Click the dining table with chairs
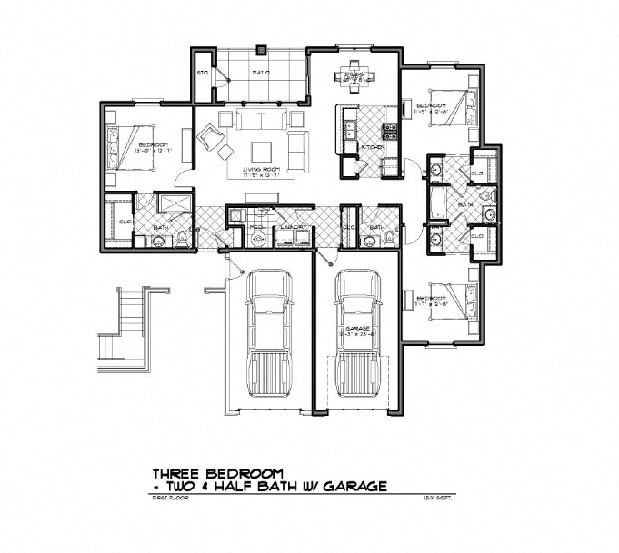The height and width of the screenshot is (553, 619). (x=354, y=74)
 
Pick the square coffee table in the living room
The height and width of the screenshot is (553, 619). (x=261, y=151)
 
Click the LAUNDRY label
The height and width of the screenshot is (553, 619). (x=291, y=226)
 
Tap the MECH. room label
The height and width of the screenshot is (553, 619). (x=257, y=226)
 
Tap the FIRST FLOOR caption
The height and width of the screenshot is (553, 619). (x=166, y=499)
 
